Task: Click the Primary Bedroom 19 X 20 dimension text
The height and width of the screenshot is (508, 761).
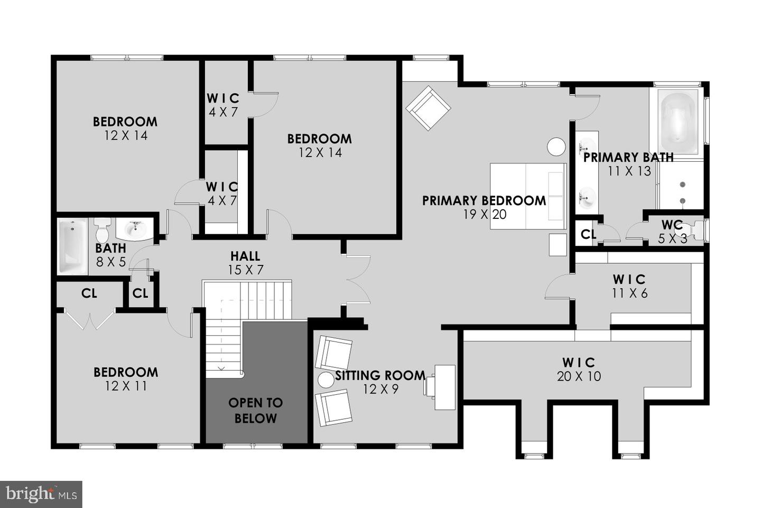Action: click(x=485, y=215)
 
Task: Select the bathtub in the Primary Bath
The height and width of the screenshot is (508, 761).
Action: click(x=676, y=122)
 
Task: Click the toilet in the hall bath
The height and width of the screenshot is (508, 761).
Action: click(x=102, y=230)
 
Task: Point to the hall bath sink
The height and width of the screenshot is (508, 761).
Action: click(x=135, y=228)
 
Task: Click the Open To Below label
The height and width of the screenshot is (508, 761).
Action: click(x=255, y=411)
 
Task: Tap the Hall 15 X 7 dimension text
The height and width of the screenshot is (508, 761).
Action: click(x=246, y=270)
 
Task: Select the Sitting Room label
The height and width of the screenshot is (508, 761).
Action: click(x=380, y=375)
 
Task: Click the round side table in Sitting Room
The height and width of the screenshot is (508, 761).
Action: click(x=326, y=380)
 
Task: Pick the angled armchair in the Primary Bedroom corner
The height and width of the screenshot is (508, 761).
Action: click(x=429, y=108)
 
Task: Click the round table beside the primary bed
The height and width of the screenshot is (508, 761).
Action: click(x=556, y=147)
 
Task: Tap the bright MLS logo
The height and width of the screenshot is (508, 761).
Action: click(x=41, y=494)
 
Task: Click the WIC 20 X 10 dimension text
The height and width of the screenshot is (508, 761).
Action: click(x=579, y=376)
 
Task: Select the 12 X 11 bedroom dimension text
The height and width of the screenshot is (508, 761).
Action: click(x=126, y=386)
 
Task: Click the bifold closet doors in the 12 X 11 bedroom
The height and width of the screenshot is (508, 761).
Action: click(x=90, y=321)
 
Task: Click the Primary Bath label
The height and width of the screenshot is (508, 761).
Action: click(x=628, y=158)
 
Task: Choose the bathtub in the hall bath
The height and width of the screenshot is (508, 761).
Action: click(x=72, y=247)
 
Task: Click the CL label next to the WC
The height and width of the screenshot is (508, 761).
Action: click(x=588, y=234)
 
